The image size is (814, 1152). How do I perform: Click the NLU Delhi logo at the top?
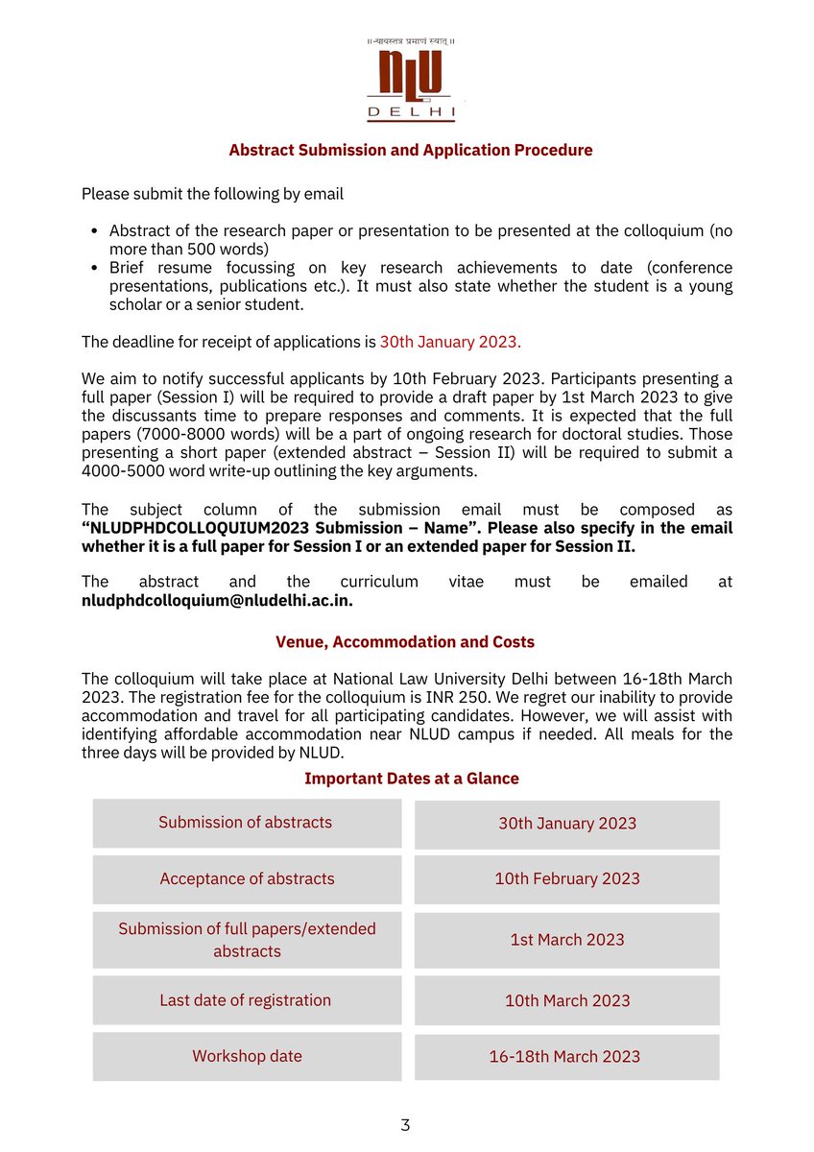[x=411, y=86]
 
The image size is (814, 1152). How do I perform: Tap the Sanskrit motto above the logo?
[x=411, y=41]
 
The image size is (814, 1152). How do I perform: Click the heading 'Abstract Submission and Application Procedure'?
[x=410, y=151]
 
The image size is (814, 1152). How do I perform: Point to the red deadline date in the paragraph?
[x=450, y=342]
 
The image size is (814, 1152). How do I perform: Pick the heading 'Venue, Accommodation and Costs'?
[x=405, y=642]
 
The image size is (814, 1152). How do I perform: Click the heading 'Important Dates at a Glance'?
[x=411, y=779]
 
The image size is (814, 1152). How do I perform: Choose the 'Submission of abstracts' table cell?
[x=247, y=823]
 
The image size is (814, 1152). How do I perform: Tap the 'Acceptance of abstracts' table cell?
[x=247, y=879]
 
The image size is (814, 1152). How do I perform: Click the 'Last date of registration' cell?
[x=247, y=1000]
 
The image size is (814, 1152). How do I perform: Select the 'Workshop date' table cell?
[x=247, y=1056]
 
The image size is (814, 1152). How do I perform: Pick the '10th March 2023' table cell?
[x=567, y=1001]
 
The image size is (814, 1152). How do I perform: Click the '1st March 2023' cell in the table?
[x=567, y=940]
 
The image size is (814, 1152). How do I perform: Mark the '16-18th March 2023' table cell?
[x=564, y=1057]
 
